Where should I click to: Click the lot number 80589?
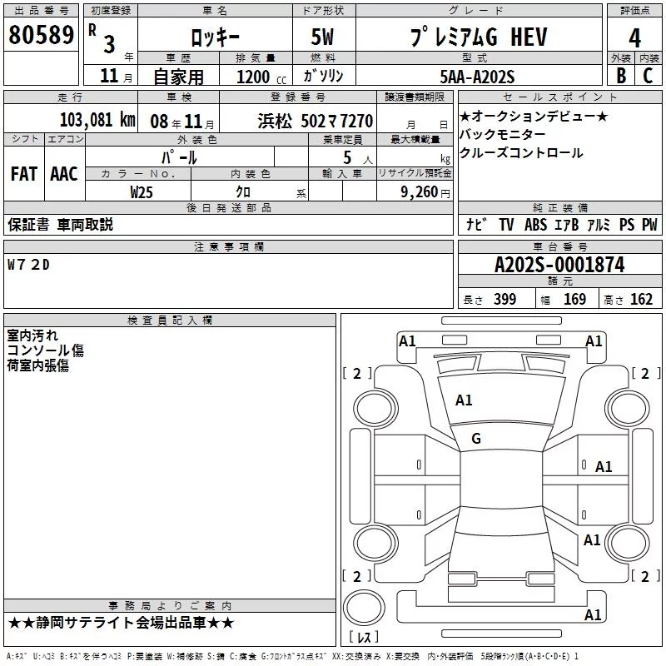pos(41,34)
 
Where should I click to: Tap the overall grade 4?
pos(634,38)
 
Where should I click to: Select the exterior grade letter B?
pos(621,76)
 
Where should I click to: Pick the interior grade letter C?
pos(648,76)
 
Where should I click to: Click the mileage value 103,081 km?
pos(97,120)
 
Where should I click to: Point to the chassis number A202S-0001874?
pos(559,265)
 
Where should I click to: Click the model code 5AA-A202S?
pos(477,77)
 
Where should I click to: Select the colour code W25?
pos(142,192)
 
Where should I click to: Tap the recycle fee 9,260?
pos(420,192)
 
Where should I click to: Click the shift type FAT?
pos(24,174)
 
